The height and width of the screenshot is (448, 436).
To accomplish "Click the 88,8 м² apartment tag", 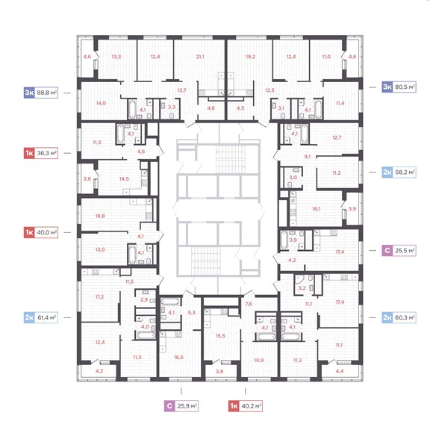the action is [x=41, y=93].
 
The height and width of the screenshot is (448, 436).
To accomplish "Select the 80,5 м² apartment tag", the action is [x=399, y=87].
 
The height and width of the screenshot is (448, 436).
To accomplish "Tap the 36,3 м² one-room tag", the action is [x=41, y=153].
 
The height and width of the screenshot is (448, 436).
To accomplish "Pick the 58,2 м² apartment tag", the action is [x=399, y=172].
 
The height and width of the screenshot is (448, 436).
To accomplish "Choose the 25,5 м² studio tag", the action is [x=399, y=251].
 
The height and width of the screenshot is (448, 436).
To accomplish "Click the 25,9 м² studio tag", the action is [x=181, y=406].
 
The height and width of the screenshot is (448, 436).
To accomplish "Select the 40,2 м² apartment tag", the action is [x=246, y=406].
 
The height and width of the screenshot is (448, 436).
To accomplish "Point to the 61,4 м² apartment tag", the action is [x=41, y=317].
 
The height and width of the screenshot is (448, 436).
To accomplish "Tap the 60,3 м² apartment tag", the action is [x=399, y=317].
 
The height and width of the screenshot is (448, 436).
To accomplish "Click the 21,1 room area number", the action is [x=200, y=57].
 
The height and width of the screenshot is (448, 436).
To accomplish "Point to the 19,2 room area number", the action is [x=250, y=57].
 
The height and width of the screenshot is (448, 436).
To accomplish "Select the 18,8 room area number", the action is [x=100, y=216].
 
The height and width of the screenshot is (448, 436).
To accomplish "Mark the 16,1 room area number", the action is [x=316, y=209].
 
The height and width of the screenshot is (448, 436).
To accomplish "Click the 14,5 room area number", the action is [x=124, y=179].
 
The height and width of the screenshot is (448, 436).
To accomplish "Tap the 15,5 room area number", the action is [x=220, y=336].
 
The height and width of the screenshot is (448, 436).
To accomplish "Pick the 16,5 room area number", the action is [x=178, y=357].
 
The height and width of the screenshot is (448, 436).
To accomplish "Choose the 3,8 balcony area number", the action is [x=219, y=371].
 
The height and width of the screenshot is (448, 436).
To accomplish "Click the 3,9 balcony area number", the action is [x=352, y=209].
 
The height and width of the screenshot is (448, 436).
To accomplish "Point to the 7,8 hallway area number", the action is [x=249, y=304].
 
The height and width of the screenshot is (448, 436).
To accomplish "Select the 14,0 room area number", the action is [x=101, y=103].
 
